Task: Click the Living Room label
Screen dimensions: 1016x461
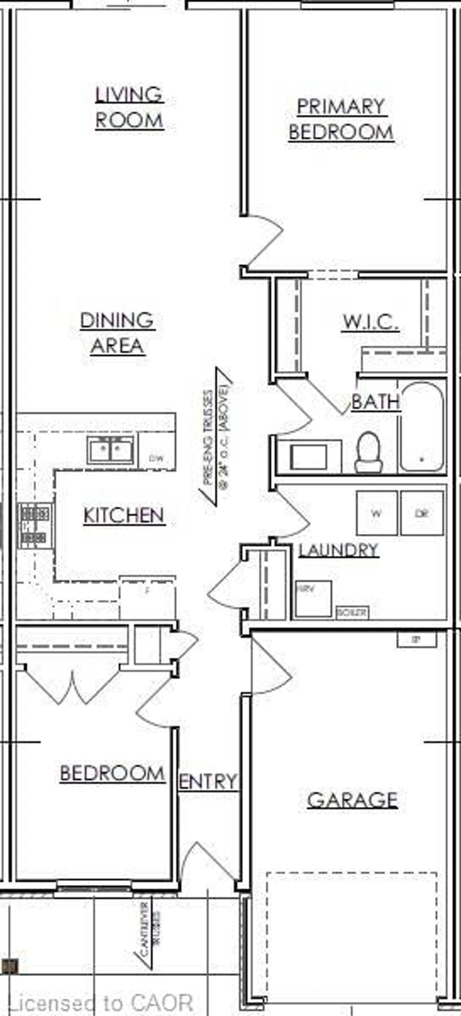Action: point(129,107)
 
